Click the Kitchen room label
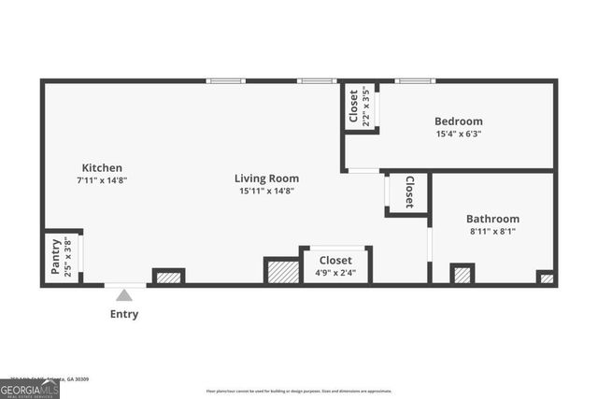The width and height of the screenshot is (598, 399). [102, 168]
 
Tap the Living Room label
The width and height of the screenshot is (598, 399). [266, 178]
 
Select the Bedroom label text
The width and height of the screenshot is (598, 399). [458, 121]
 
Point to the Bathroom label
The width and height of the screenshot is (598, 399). [492, 219]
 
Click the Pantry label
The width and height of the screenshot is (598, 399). [56, 257]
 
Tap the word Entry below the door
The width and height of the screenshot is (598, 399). [124, 314]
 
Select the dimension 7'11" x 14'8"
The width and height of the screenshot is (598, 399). [102, 180]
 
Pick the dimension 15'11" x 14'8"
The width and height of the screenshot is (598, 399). [266, 191]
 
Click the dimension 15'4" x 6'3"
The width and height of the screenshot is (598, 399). [458, 134]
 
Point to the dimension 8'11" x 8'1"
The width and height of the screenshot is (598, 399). [492, 231]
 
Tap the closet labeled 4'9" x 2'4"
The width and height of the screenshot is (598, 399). [335, 265]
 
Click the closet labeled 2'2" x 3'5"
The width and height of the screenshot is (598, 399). [359, 107]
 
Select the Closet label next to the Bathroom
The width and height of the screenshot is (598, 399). [409, 192]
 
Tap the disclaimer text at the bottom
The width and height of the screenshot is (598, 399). [299, 391]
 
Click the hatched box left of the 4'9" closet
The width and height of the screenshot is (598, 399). [280, 271]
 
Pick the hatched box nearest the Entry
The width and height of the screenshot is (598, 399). [168, 277]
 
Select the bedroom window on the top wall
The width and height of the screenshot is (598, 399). [414, 81]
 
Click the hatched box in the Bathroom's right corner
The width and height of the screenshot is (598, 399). [546, 278]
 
